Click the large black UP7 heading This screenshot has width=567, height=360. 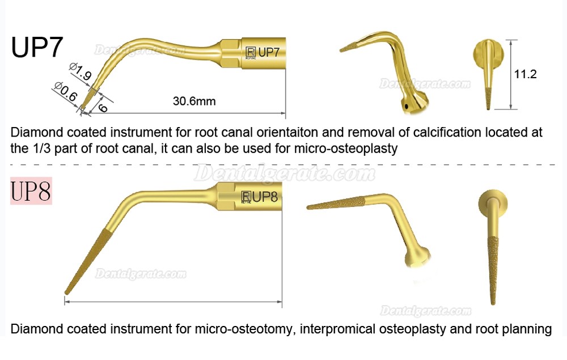click(x=37, y=47)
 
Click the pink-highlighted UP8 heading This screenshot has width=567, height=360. click(x=31, y=191)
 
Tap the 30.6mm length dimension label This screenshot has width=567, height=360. click(x=194, y=101)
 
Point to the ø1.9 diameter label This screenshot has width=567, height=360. click(x=81, y=71)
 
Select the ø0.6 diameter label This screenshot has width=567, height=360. click(x=65, y=91)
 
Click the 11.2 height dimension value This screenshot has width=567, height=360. click(x=525, y=74)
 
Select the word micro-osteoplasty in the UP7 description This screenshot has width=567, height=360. click(x=346, y=148)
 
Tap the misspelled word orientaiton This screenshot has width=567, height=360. click(x=287, y=132)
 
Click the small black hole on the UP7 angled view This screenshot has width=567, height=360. click(x=407, y=106)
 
